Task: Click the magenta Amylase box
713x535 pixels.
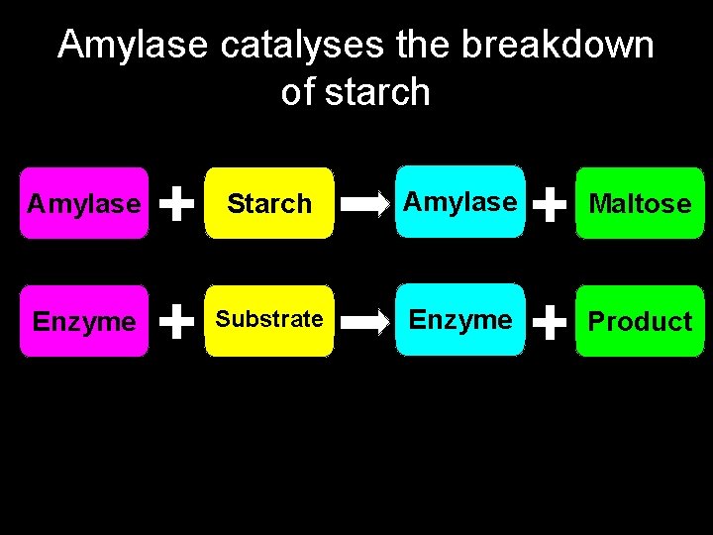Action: (84, 204)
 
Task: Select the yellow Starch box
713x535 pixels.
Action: (269, 204)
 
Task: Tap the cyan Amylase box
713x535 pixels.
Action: (460, 202)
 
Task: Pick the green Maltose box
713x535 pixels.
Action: (640, 204)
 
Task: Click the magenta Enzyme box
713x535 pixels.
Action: (84, 321)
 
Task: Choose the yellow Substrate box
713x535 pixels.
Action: (269, 320)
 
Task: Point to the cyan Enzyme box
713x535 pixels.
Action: (460, 320)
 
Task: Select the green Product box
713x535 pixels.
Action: (640, 321)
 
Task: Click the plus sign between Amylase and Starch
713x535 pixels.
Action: (176, 204)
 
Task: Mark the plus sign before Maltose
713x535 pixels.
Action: (550, 205)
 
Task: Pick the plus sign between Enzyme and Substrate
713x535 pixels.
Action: (176, 321)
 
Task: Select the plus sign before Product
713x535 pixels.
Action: (550, 321)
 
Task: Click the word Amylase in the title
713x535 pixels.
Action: (132, 47)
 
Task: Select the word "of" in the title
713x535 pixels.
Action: (298, 92)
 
